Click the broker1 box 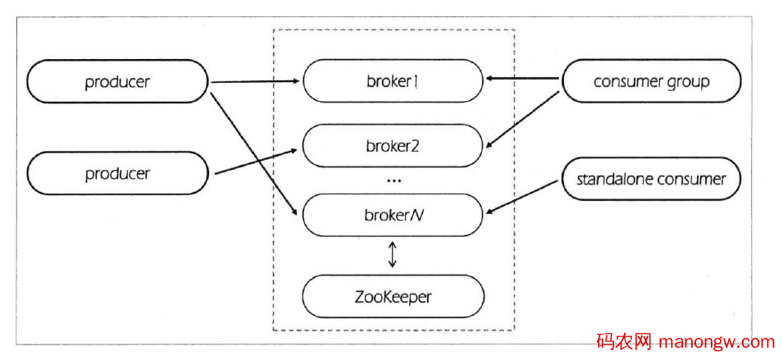393,81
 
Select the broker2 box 393,146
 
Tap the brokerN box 393,215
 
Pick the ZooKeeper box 393,296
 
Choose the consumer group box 651,81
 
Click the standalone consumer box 651,178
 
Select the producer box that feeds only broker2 118,173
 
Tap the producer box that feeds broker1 118,81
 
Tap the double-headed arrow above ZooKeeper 393,254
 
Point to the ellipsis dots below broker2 393,180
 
